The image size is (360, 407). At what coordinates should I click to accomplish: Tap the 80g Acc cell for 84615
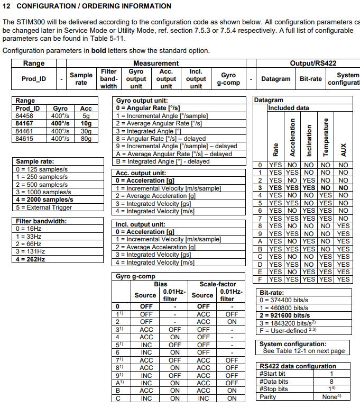click(x=86, y=139)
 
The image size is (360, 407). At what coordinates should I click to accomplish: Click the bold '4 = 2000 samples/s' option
click(x=44, y=200)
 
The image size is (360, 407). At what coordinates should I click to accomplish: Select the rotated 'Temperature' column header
click(x=326, y=137)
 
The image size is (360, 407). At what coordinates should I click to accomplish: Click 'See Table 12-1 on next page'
click(x=303, y=351)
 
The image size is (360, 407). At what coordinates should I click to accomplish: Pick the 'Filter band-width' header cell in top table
click(x=108, y=79)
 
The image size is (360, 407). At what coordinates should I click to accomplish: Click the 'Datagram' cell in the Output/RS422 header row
click(x=275, y=79)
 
